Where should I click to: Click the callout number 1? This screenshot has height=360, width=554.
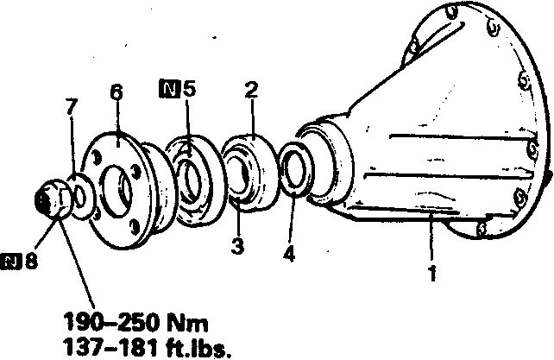point(432,273)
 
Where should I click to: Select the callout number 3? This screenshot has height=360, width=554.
point(237,246)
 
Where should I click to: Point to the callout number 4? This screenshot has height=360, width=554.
point(289,253)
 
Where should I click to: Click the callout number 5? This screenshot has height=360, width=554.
point(189,89)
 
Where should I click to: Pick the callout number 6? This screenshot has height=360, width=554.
point(116,92)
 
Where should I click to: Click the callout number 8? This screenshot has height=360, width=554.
point(31,261)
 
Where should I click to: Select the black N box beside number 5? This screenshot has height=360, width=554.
point(169,89)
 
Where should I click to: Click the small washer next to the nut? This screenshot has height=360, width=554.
point(81,197)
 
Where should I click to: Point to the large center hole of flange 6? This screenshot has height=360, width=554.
point(116,192)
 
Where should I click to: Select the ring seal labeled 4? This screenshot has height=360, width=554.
point(295,168)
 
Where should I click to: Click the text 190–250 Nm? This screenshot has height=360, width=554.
point(135,322)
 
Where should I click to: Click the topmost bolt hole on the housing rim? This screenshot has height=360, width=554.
point(451,12)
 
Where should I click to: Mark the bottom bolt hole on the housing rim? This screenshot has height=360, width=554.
point(481,229)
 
